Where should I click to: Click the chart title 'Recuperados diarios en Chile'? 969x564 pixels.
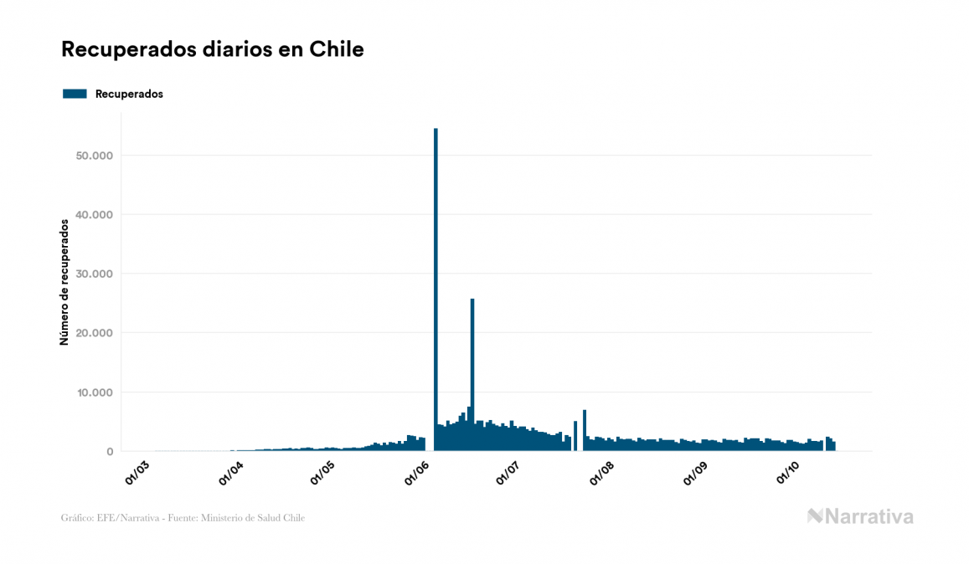click(x=212, y=49)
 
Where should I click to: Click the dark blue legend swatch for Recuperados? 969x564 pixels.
click(x=75, y=94)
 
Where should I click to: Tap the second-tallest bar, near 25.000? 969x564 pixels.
click(x=472, y=368)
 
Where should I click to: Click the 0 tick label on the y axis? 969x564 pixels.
click(x=109, y=452)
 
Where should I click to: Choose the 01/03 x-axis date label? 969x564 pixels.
click(x=137, y=472)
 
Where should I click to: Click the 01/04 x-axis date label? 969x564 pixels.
click(x=230, y=472)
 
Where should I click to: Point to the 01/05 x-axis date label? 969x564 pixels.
click(x=322, y=472)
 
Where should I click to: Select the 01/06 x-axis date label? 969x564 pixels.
click(x=416, y=472)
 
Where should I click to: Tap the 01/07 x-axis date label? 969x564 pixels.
click(x=508, y=472)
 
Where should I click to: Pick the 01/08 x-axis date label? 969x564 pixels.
click(x=601, y=472)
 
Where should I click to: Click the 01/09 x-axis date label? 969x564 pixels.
click(x=695, y=472)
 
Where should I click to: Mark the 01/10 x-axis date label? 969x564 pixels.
click(x=787, y=472)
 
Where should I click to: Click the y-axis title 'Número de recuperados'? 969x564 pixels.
click(x=64, y=282)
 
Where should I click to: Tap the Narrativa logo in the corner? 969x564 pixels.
click(x=860, y=516)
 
